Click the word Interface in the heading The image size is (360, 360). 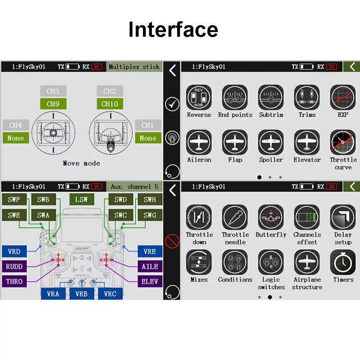click(173, 29)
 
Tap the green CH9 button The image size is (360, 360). click(53, 104)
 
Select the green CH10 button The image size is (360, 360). click(110, 104)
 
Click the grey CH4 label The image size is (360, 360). click(15, 125)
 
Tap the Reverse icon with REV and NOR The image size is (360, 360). click(199, 97)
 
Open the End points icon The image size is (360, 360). click(235, 97)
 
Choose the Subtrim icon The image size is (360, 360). click(271, 97)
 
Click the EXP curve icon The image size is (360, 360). click(343, 97)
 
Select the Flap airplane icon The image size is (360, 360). click(235, 142)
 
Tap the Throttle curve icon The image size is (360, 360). click(343, 142)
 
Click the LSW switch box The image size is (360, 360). click(81, 199)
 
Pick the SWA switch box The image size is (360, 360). click(44, 215)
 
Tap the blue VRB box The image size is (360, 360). click(81, 294)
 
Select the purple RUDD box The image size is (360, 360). click(14, 266)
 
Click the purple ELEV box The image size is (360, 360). click(150, 282)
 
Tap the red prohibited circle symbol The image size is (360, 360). click(172, 241)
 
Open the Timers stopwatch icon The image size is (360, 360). click(343, 262)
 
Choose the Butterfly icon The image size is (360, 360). click(271, 217)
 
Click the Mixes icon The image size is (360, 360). click(199, 262)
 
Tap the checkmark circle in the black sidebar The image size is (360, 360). click(172, 104)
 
